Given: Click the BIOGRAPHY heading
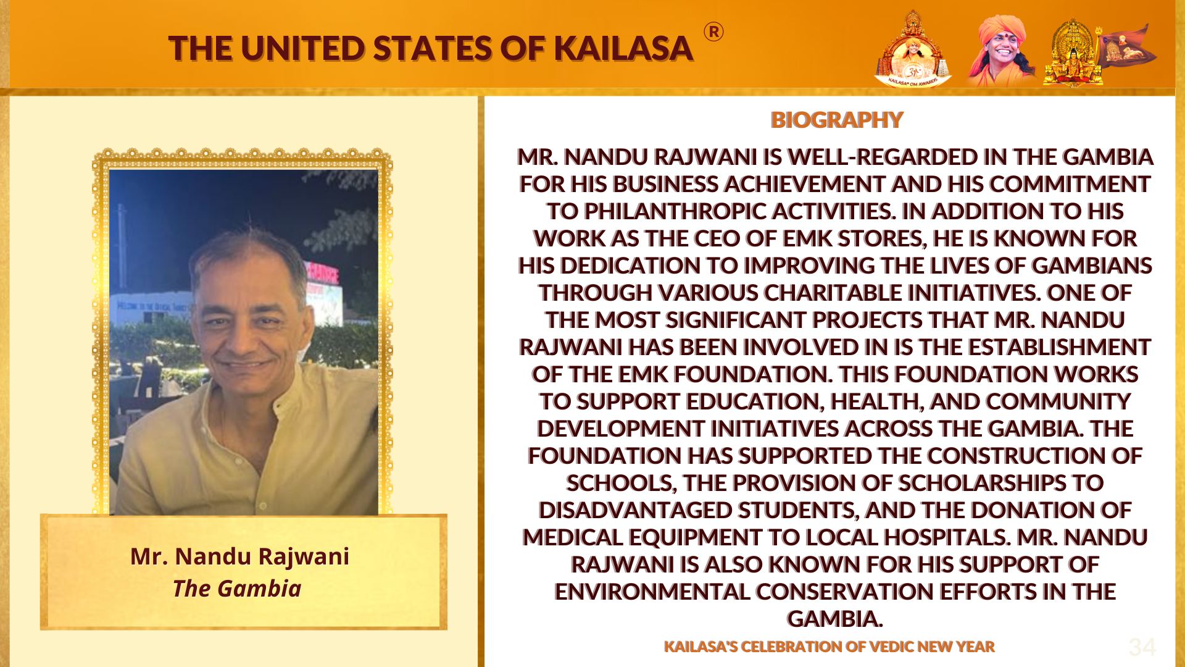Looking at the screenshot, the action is coord(836,120).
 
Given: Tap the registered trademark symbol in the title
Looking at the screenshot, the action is coord(713,32).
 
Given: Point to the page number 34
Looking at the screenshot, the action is coord(1142,647).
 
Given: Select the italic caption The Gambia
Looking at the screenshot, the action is coord(237,589).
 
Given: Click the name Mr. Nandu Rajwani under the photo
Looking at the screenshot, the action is coord(239,556).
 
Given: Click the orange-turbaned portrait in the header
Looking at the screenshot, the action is coord(1000,49).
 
